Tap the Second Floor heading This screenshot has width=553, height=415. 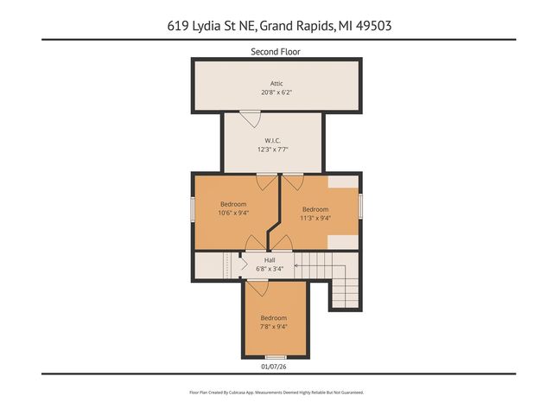click(276, 52)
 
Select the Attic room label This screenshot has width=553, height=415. click(276, 83)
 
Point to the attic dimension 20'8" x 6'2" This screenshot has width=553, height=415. click(276, 92)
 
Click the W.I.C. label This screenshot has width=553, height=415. click(272, 140)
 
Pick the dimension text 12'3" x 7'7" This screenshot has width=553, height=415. click(272, 149)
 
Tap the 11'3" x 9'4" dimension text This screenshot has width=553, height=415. click(315, 218)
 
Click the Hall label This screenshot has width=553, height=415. click(270, 259)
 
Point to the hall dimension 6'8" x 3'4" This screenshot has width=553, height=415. click(270, 268)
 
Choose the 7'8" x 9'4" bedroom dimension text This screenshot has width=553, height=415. click(274, 326)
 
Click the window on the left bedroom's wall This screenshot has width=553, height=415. click(193, 210)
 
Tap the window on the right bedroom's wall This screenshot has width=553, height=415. click(360, 207)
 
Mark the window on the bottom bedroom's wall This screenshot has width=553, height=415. click(275, 357)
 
